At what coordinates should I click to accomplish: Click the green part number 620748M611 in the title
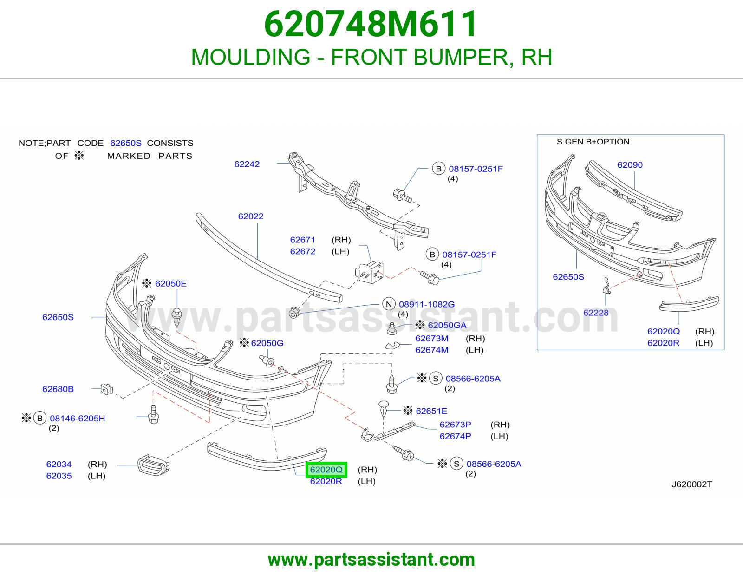(370, 24)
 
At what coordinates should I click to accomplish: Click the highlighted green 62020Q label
(326, 470)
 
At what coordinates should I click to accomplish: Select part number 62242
(247, 164)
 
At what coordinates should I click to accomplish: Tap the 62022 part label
(251, 216)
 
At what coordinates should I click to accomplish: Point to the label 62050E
(170, 283)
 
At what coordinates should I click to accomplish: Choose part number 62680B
(58, 389)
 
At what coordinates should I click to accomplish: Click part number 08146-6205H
(77, 419)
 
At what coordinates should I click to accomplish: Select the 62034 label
(59, 464)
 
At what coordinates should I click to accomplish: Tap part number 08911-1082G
(427, 304)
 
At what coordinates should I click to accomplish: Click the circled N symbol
(389, 304)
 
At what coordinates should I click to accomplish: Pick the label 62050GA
(447, 325)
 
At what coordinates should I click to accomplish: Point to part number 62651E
(431, 411)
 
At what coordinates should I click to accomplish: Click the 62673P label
(455, 425)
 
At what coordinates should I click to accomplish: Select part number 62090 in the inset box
(630, 165)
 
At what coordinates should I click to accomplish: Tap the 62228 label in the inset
(596, 313)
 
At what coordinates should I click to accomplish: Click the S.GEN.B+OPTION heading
(593, 142)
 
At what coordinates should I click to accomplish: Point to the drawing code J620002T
(692, 484)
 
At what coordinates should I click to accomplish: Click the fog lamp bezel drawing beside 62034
(153, 465)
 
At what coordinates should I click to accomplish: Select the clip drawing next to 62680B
(107, 389)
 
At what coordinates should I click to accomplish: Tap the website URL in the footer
(371, 560)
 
